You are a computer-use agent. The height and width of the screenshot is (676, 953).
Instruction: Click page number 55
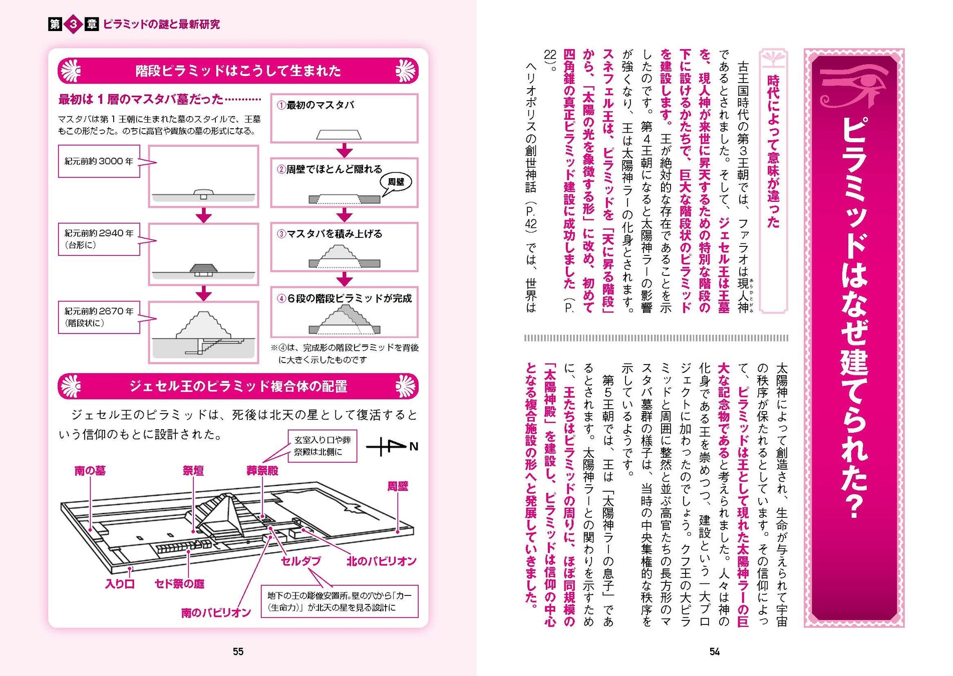point(238,651)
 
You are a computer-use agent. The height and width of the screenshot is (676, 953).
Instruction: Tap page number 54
point(714,651)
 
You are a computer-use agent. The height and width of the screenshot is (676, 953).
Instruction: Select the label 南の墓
point(90,471)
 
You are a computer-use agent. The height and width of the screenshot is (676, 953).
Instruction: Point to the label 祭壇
point(193,471)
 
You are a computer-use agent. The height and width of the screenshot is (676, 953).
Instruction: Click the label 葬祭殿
point(262,471)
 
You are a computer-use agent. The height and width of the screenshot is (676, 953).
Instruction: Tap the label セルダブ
point(300,561)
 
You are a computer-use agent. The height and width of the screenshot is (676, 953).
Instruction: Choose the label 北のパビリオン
point(382,561)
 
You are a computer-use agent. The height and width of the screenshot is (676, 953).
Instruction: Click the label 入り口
point(120,584)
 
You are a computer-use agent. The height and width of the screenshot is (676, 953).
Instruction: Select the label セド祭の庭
point(179,584)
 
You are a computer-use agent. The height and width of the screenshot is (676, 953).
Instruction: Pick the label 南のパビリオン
point(216,613)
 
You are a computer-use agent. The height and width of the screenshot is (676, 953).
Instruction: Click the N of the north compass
point(414,446)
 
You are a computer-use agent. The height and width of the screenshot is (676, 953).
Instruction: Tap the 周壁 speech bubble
point(396,182)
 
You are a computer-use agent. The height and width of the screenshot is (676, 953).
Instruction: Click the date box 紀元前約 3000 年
point(99,161)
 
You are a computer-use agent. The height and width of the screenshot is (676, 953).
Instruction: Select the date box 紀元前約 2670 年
point(99,317)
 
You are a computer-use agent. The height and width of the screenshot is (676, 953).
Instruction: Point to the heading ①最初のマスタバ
point(316,105)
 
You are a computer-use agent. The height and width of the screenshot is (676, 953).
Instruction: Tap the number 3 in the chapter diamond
point(73,24)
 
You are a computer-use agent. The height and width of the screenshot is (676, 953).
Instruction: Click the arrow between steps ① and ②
point(344,150)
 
